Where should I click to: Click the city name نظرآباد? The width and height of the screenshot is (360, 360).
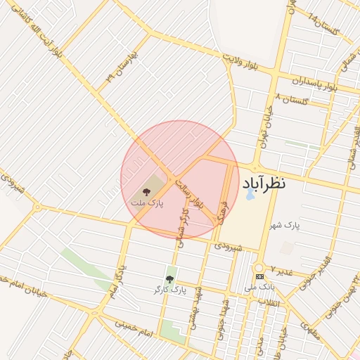(264, 184)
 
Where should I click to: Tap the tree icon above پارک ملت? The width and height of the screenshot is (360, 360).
(146, 191)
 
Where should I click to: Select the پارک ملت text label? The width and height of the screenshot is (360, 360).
(146, 202)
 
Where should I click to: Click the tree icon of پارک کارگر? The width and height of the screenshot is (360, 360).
(169, 279)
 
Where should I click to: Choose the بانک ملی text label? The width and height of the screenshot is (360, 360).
(259, 287)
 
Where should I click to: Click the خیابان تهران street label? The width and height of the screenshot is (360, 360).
(266, 128)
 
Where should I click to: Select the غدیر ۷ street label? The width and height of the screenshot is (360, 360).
(281, 271)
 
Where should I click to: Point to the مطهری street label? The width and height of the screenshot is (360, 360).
(310, 330)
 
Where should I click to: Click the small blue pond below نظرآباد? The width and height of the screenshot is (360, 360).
(250, 193)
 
